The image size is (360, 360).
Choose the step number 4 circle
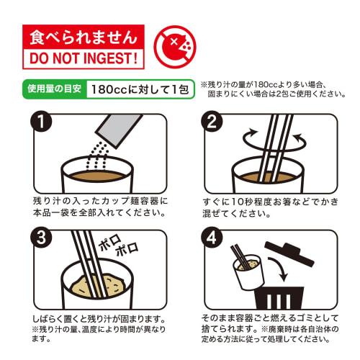pyautogui.click(x=215, y=239)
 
